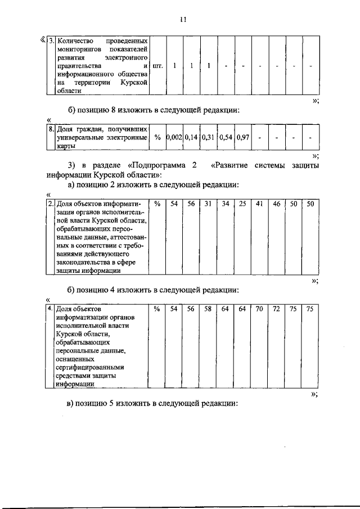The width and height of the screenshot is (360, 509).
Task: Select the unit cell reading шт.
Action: pyautogui.click(x=157, y=66)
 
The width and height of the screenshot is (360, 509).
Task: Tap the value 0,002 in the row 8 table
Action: pyautogui.click(x=174, y=137)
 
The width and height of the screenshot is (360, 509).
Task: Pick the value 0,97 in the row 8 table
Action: pyautogui.click(x=243, y=137)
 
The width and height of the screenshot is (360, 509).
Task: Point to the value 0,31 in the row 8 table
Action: pyautogui.click(x=209, y=137)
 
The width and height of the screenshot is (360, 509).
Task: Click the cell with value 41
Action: pyautogui.click(x=259, y=204)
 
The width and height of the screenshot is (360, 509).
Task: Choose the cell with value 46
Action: pyautogui.click(x=277, y=204)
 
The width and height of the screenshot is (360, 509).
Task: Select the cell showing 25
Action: pyautogui.click(x=242, y=204)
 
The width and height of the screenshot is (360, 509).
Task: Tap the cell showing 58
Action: pyautogui.click(x=208, y=309)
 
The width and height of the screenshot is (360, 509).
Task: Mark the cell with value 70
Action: pyautogui.click(x=259, y=309)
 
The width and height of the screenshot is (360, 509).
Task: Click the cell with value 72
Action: pyautogui.click(x=277, y=309)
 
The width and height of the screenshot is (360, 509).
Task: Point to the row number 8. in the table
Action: pyautogui.click(x=51, y=129)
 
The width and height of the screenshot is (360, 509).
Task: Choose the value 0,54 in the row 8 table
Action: pyautogui.click(x=226, y=137)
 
